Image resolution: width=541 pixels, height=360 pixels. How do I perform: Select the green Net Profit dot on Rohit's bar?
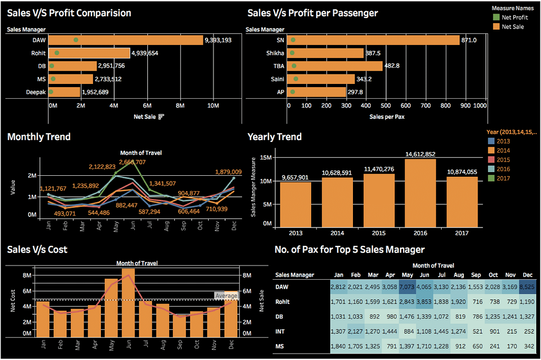(57, 53)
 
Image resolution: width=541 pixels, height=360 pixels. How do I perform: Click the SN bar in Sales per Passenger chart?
(374, 40)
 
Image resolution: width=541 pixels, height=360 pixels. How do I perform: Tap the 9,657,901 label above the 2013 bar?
(295, 177)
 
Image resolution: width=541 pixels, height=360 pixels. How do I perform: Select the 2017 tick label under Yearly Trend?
(462, 233)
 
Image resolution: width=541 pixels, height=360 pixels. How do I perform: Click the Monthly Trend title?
(39, 137)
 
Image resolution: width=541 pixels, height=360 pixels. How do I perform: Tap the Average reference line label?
(226, 296)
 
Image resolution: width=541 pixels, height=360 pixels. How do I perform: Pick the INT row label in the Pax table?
(281, 330)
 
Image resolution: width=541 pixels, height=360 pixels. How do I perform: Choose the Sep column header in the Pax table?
(476, 275)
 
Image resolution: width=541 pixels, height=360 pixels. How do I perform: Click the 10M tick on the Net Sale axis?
(213, 106)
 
